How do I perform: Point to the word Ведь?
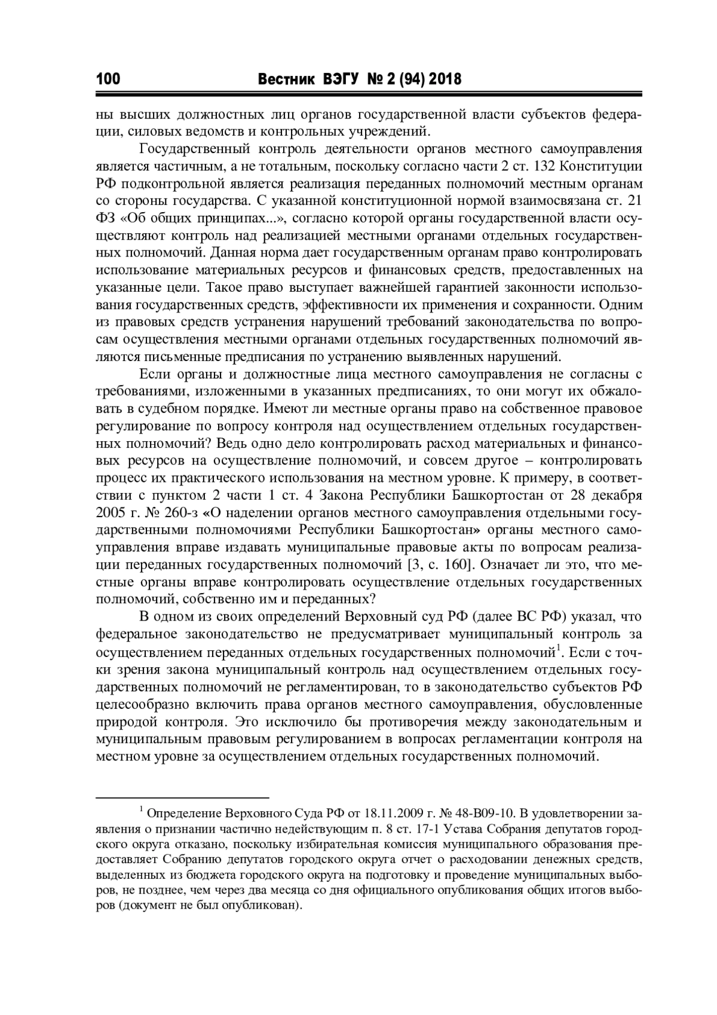(234, 444)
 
